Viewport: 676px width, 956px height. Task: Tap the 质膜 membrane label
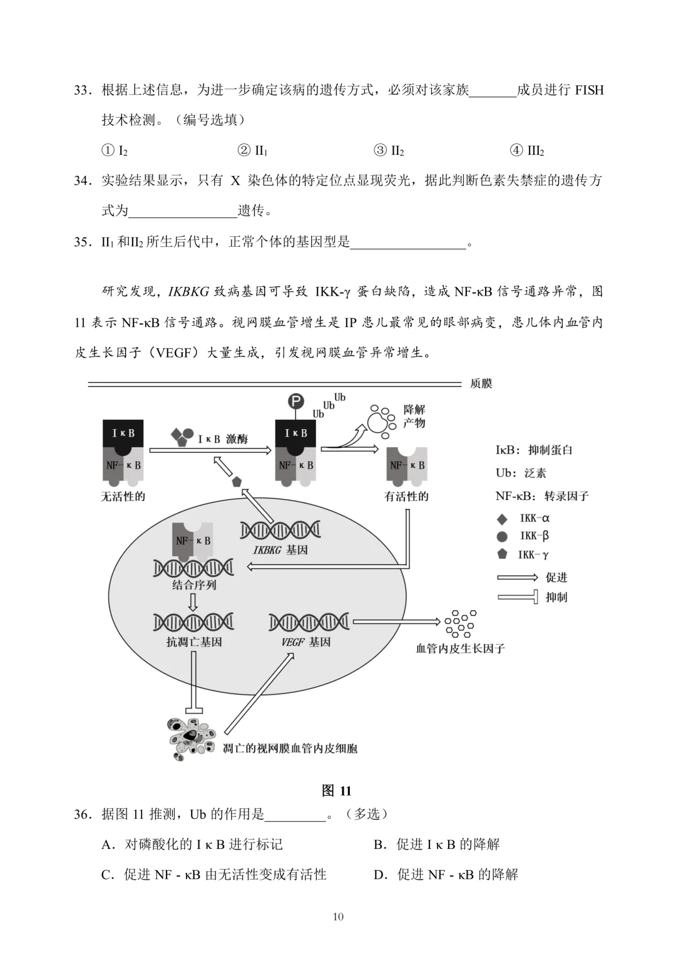481,383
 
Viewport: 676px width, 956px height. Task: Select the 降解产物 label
414,416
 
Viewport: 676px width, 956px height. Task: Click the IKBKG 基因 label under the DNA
280,550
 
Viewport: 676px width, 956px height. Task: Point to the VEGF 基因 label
306,642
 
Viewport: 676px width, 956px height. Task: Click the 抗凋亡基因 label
193,642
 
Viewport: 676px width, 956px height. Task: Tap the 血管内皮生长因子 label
460,648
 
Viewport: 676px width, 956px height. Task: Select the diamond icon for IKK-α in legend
502,519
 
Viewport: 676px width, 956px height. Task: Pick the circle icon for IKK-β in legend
502,536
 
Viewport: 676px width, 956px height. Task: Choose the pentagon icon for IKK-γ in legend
502,554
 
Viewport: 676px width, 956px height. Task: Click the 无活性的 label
123,497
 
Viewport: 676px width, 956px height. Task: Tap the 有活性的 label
406,497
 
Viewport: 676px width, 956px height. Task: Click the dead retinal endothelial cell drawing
190,739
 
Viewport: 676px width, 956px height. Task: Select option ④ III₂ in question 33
527,150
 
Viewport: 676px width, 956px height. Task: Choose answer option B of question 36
437,844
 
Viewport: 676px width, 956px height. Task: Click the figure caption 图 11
337,791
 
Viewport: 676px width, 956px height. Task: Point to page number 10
338,917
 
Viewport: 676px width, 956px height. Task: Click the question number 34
83,181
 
